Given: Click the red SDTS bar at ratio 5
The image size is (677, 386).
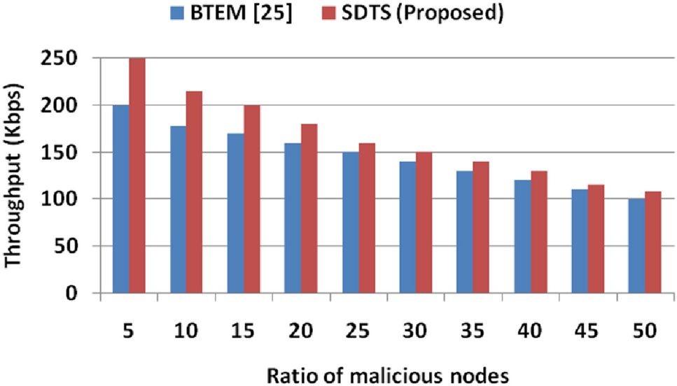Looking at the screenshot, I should (137, 176).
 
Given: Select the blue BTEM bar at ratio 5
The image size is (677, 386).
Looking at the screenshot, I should (120, 199).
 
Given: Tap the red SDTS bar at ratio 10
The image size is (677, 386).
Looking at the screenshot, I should (194, 192).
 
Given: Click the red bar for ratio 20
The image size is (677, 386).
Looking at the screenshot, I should (309, 208).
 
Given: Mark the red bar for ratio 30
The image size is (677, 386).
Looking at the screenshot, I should (424, 222).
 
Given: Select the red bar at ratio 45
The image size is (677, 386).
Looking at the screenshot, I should (595, 239).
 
